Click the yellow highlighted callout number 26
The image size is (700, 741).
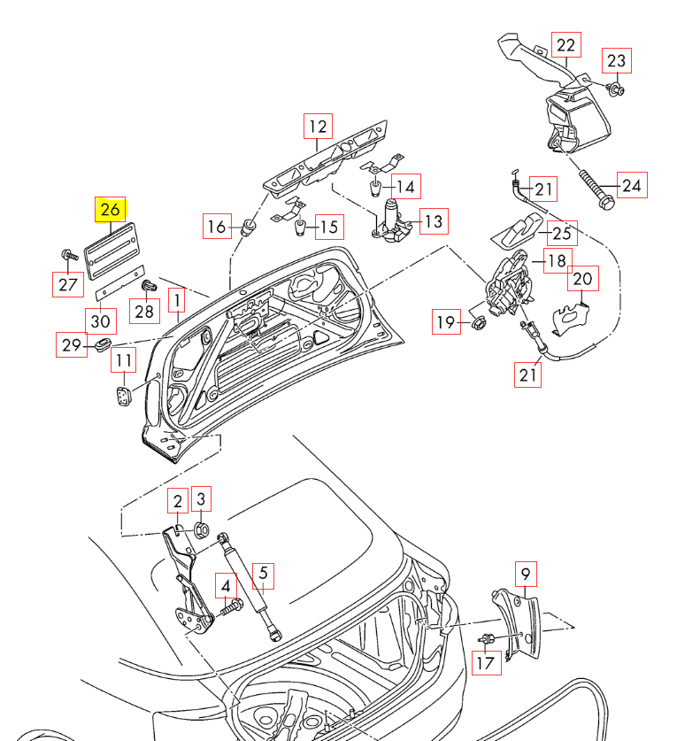click(x=112, y=210)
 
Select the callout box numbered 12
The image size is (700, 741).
click(x=318, y=127)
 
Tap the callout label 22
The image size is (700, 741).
click(x=565, y=45)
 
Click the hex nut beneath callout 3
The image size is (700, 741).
click(x=201, y=530)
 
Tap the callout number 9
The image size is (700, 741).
click(x=526, y=574)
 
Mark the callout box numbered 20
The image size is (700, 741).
click(x=581, y=279)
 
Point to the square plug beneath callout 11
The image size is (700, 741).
click(x=123, y=394)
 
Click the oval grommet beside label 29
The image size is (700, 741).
click(x=102, y=342)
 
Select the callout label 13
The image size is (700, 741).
click(x=434, y=221)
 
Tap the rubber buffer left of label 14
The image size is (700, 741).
click(x=375, y=187)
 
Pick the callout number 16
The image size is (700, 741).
click(x=216, y=226)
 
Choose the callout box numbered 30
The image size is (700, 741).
click(x=99, y=319)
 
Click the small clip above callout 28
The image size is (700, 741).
click(x=149, y=286)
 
